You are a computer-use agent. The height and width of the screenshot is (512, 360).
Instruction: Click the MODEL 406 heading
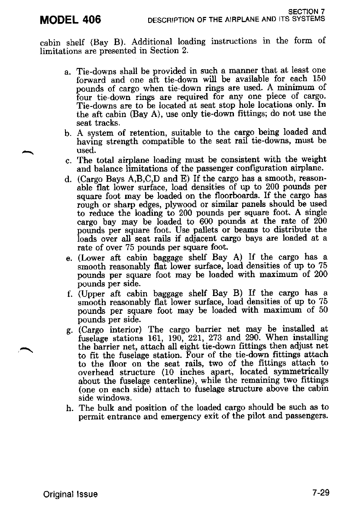point(70,19)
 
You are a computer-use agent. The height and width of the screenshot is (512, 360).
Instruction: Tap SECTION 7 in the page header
point(307,12)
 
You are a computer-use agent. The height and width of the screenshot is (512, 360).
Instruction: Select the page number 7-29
point(321,493)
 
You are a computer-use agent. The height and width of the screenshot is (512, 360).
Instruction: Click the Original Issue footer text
point(70,494)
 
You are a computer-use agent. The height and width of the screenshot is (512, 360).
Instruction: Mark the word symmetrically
point(301,372)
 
